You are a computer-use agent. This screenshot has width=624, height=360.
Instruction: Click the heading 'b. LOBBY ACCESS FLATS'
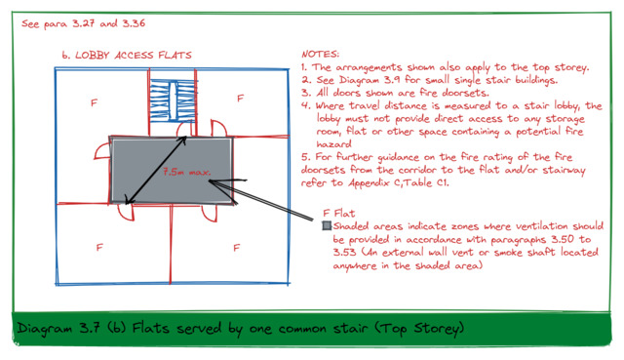(x=127, y=55)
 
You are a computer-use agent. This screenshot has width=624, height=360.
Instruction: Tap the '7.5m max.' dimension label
(x=186, y=172)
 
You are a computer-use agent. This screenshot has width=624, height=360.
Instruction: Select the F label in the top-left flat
(x=94, y=102)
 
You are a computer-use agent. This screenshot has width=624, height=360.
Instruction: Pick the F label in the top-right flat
(x=240, y=98)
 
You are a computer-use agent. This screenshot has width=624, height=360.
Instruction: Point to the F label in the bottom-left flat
(x=99, y=247)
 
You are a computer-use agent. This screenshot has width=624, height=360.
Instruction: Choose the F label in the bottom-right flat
(x=236, y=248)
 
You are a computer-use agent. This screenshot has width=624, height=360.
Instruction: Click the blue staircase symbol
(x=174, y=100)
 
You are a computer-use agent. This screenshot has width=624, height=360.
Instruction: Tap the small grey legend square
(x=327, y=225)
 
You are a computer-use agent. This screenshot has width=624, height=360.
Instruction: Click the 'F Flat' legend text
(x=339, y=214)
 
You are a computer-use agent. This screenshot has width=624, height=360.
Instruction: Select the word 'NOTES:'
(x=321, y=54)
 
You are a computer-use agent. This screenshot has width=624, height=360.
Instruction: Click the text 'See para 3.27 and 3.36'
(x=84, y=23)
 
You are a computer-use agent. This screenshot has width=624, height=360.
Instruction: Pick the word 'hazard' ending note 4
(x=333, y=144)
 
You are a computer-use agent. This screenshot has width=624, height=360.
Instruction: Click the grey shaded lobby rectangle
(x=172, y=171)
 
